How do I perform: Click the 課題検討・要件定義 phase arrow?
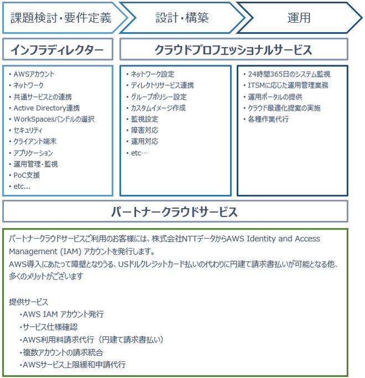[x=61, y=18]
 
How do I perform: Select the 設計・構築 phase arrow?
[x=182, y=18]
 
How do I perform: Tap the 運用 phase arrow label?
[x=299, y=18]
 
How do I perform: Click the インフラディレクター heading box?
[x=58, y=49]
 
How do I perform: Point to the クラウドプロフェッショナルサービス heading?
[x=234, y=49]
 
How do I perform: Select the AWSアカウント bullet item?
[x=34, y=74]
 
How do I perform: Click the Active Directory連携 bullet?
[x=46, y=108]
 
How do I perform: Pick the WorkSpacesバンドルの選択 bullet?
[x=54, y=119]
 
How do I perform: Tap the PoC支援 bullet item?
[x=27, y=175]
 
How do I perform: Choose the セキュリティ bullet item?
[x=28, y=130]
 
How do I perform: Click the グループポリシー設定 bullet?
[x=159, y=97]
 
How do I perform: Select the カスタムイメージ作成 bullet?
[x=158, y=108]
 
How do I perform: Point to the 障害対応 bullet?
[x=144, y=130]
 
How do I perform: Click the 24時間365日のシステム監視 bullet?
[x=289, y=74]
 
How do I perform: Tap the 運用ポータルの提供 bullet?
[x=275, y=97]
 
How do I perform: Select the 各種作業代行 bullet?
[x=268, y=119]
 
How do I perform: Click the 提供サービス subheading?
[x=29, y=302]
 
